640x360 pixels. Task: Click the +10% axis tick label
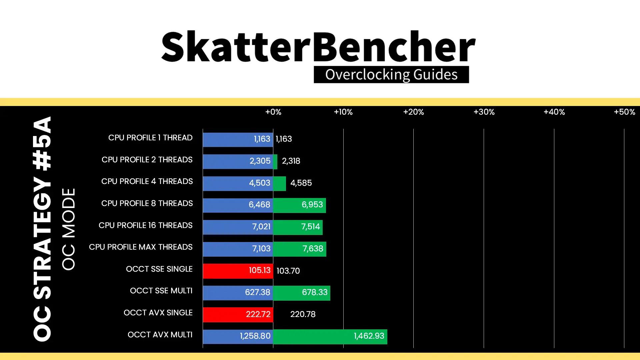(x=343, y=112)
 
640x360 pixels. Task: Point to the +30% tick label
(x=484, y=112)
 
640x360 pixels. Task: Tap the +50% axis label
(x=624, y=112)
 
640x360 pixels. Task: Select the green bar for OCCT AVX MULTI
(x=330, y=336)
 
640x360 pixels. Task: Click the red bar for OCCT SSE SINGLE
(x=238, y=271)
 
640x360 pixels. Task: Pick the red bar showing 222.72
(x=238, y=314)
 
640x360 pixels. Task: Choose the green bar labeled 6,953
(x=299, y=205)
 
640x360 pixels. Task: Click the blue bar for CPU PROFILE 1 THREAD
(x=238, y=139)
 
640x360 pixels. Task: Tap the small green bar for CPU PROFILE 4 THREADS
(x=279, y=183)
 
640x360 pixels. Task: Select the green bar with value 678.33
(x=302, y=293)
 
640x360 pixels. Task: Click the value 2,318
(x=291, y=161)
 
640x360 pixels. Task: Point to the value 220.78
(x=303, y=314)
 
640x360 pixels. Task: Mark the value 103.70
(x=288, y=271)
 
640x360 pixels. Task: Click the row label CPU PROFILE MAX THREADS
(x=141, y=247)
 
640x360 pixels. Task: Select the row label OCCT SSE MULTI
(x=161, y=291)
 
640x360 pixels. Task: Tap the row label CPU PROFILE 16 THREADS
(x=145, y=225)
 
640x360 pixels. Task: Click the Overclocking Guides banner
(x=391, y=74)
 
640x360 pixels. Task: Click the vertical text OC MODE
(x=69, y=229)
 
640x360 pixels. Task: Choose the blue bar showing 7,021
(x=238, y=227)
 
